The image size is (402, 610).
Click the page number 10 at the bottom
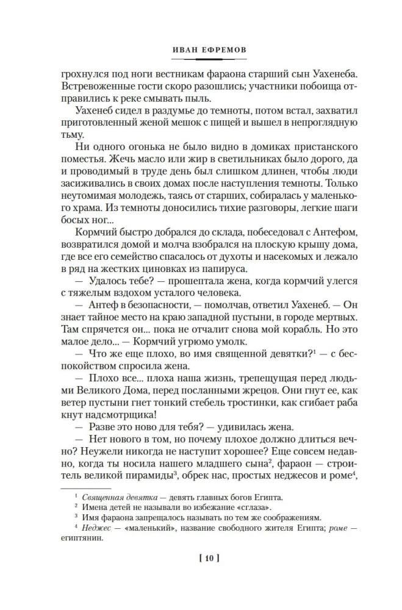201,559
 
